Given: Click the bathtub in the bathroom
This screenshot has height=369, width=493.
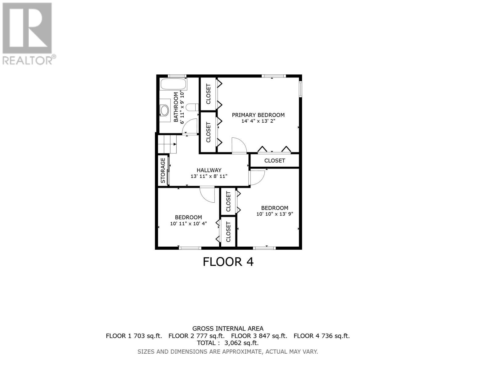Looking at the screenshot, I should pyautogui.click(x=173, y=84).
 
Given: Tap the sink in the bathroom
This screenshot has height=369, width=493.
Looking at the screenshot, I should pyautogui.click(x=165, y=110).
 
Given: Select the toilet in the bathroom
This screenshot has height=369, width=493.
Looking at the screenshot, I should pyautogui.click(x=192, y=107).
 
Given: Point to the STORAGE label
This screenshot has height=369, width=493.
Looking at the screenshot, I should pyautogui.click(x=163, y=170).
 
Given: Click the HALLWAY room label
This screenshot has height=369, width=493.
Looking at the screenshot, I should pyautogui.click(x=209, y=170).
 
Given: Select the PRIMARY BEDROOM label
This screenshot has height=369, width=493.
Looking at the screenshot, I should pyautogui.click(x=258, y=115).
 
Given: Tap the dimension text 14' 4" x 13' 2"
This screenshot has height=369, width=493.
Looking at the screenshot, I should pyautogui.click(x=258, y=121).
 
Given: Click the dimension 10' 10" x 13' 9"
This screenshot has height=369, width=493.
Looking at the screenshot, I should pyautogui.click(x=275, y=214).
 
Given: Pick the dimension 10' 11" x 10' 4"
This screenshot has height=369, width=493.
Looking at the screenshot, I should pyautogui.click(x=188, y=224).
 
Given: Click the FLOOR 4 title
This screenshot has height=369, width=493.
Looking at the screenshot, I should pyautogui.click(x=228, y=262).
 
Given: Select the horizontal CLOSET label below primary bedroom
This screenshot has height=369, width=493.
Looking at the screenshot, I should pyautogui.click(x=275, y=161).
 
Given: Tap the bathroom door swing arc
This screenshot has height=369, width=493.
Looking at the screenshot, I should pyautogui.click(x=191, y=126).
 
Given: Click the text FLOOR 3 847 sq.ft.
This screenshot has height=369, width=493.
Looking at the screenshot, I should pyautogui.click(x=259, y=336).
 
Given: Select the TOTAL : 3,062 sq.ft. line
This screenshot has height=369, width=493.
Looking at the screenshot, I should pyautogui.click(x=228, y=343).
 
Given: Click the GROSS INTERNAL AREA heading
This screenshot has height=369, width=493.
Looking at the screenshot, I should pyautogui.click(x=228, y=329).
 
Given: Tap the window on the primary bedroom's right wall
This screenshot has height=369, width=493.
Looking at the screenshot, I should pyautogui.click(x=301, y=89).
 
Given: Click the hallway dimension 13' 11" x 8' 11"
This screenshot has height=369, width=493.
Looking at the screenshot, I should pyautogui.click(x=209, y=176).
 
